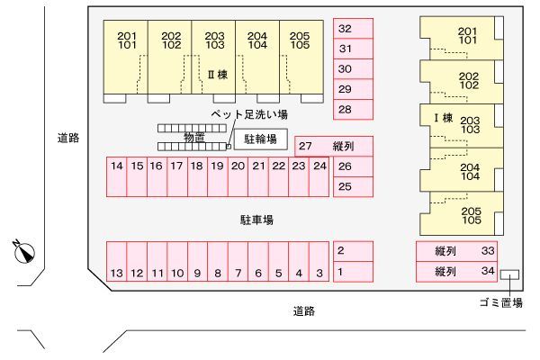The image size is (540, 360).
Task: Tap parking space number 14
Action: click(x=117, y=166)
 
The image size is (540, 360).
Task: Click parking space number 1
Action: click(x=353, y=272)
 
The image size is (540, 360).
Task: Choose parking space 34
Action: click(x=455, y=271)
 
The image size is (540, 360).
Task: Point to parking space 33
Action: click(x=455, y=251)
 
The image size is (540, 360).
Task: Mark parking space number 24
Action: click(x=319, y=166)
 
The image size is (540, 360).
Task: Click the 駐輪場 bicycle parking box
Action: click(x=261, y=140)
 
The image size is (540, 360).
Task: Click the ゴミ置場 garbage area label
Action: click(x=500, y=302)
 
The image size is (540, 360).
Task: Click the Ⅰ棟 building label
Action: click(x=442, y=118)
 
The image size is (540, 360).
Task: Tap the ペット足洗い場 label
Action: click(x=248, y=114)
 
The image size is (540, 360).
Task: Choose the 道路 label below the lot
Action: click(x=303, y=311)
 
